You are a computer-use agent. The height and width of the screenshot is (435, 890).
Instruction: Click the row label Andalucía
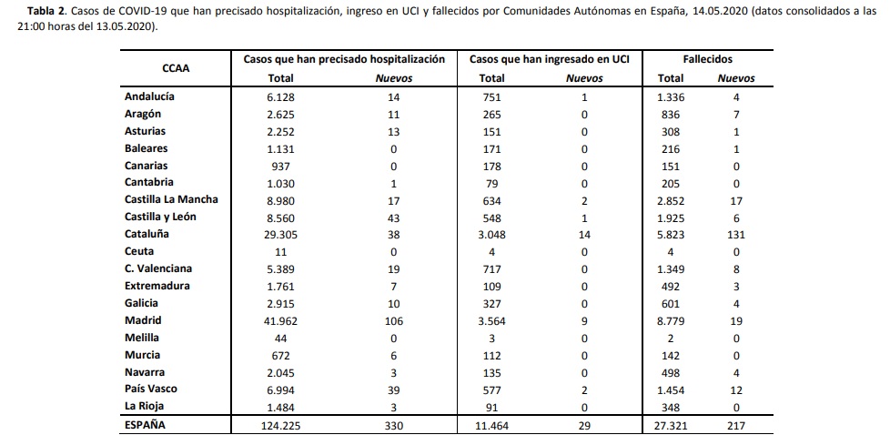pyautogui.click(x=150, y=96)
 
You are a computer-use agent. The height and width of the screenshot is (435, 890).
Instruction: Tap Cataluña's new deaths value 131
pyautogui.click(x=735, y=235)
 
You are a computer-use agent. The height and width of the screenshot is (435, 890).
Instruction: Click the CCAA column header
pyautogui.click(x=176, y=69)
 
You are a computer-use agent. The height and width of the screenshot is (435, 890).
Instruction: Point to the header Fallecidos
pyautogui.click(x=708, y=59)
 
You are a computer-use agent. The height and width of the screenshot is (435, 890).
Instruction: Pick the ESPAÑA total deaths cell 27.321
pyautogui.click(x=671, y=425)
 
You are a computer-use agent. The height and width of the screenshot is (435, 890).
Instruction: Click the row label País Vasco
pyautogui.click(x=151, y=389)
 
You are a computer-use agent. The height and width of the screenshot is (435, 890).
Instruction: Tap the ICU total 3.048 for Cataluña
pyautogui.click(x=491, y=235)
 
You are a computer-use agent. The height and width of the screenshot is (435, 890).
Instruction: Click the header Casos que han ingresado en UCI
pyautogui.click(x=550, y=59)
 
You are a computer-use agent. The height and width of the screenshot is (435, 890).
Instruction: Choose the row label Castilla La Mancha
pyautogui.click(x=171, y=200)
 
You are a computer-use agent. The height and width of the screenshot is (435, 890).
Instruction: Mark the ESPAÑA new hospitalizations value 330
pyautogui.click(x=394, y=425)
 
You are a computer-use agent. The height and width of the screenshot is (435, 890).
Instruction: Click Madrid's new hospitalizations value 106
pyautogui.click(x=394, y=321)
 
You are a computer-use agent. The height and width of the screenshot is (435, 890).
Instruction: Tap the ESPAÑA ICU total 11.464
pyautogui.click(x=491, y=425)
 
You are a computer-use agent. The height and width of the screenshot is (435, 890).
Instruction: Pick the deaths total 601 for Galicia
pyautogui.click(x=671, y=303)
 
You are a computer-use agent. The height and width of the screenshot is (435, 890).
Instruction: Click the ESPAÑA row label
pyautogui.click(x=146, y=425)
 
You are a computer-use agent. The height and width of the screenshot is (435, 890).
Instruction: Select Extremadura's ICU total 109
pyautogui.click(x=491, y=287)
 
